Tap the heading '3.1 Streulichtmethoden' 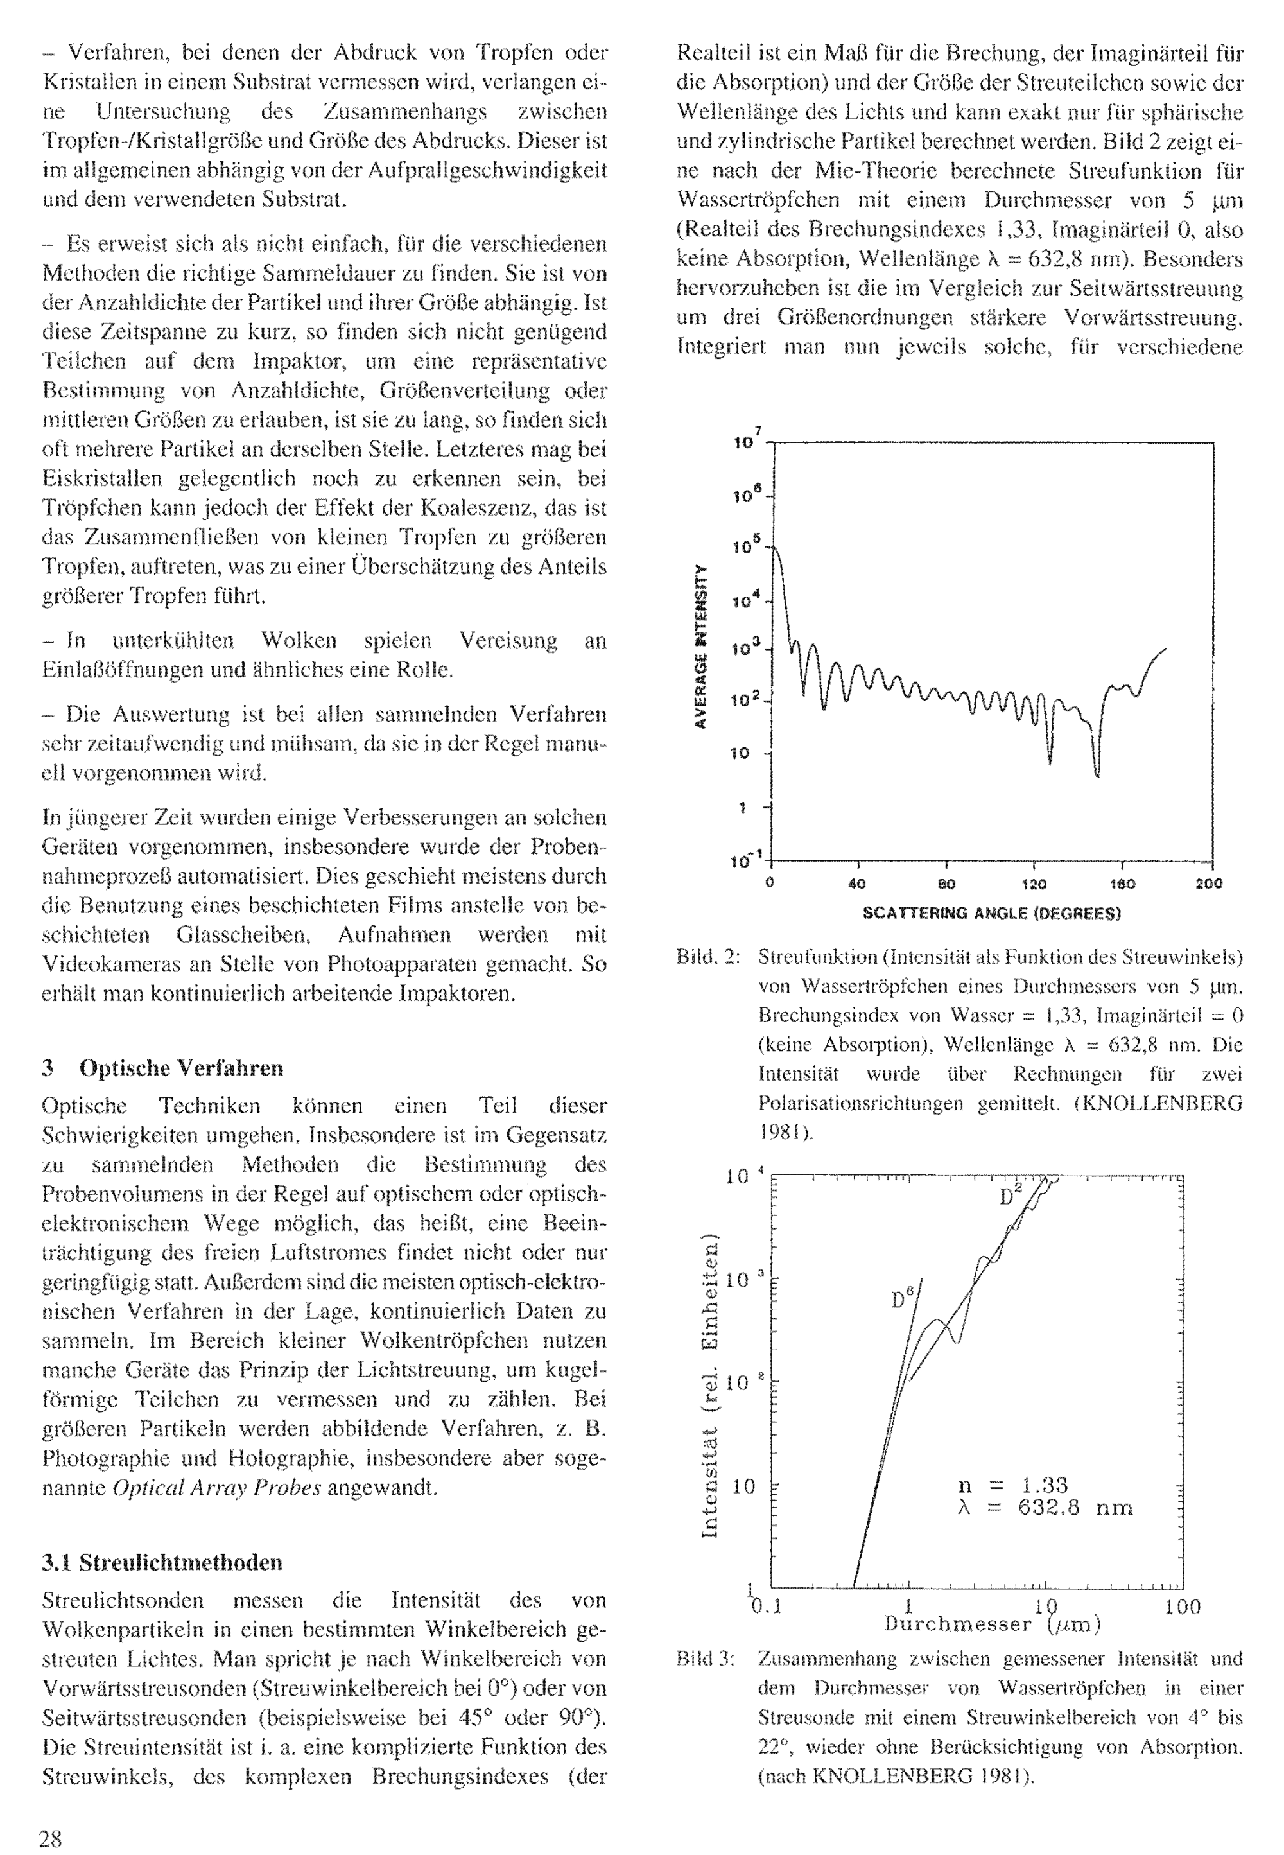tap(162, 1562)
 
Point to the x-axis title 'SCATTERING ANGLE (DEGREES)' tap(991, 913)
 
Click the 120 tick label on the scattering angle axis tap(1033, 884)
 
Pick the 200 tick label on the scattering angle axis tap(1209, 884)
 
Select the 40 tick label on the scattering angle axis tap(857, 884)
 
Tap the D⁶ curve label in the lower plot tap(903, 1298)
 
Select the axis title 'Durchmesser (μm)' tap(992, 1624)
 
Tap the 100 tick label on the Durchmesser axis tap(1182, 1607)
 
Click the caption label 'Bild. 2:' tap(708, 957)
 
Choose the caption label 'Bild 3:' tap(706, 1659)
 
